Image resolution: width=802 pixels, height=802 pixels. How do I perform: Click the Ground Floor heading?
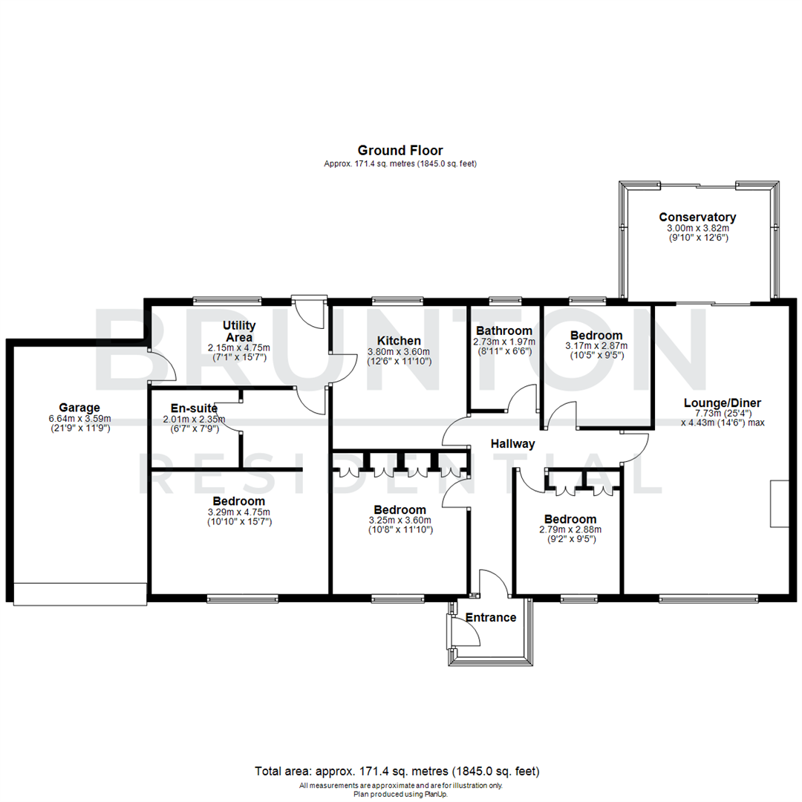[400, 151]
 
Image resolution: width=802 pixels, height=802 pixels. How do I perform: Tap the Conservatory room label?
[697, 217]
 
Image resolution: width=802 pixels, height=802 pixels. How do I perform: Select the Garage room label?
[79, 407]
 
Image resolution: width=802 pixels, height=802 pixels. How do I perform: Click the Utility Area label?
[239, 331]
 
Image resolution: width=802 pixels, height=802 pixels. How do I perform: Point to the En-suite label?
[194, 408]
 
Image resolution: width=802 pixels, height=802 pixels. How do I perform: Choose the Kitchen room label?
[400, 341]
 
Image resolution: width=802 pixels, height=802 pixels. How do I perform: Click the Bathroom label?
[504, 330]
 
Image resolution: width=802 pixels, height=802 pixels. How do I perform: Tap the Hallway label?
[512, 444]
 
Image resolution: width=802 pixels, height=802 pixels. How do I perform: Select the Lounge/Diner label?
[723, 403]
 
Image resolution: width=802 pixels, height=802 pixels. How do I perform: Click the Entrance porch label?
[490, 617]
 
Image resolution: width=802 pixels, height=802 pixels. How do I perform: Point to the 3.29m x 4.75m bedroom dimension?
[239, 512]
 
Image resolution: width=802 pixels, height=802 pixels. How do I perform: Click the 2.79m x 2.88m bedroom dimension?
[570, 529]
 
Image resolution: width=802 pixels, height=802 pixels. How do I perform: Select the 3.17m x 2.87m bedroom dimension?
[596, 345]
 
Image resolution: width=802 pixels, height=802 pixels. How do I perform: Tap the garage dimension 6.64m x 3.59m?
[79, 418]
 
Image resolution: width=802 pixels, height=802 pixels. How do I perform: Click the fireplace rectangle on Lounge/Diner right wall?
[779, 503]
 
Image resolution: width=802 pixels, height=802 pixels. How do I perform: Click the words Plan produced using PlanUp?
[400, 793]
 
